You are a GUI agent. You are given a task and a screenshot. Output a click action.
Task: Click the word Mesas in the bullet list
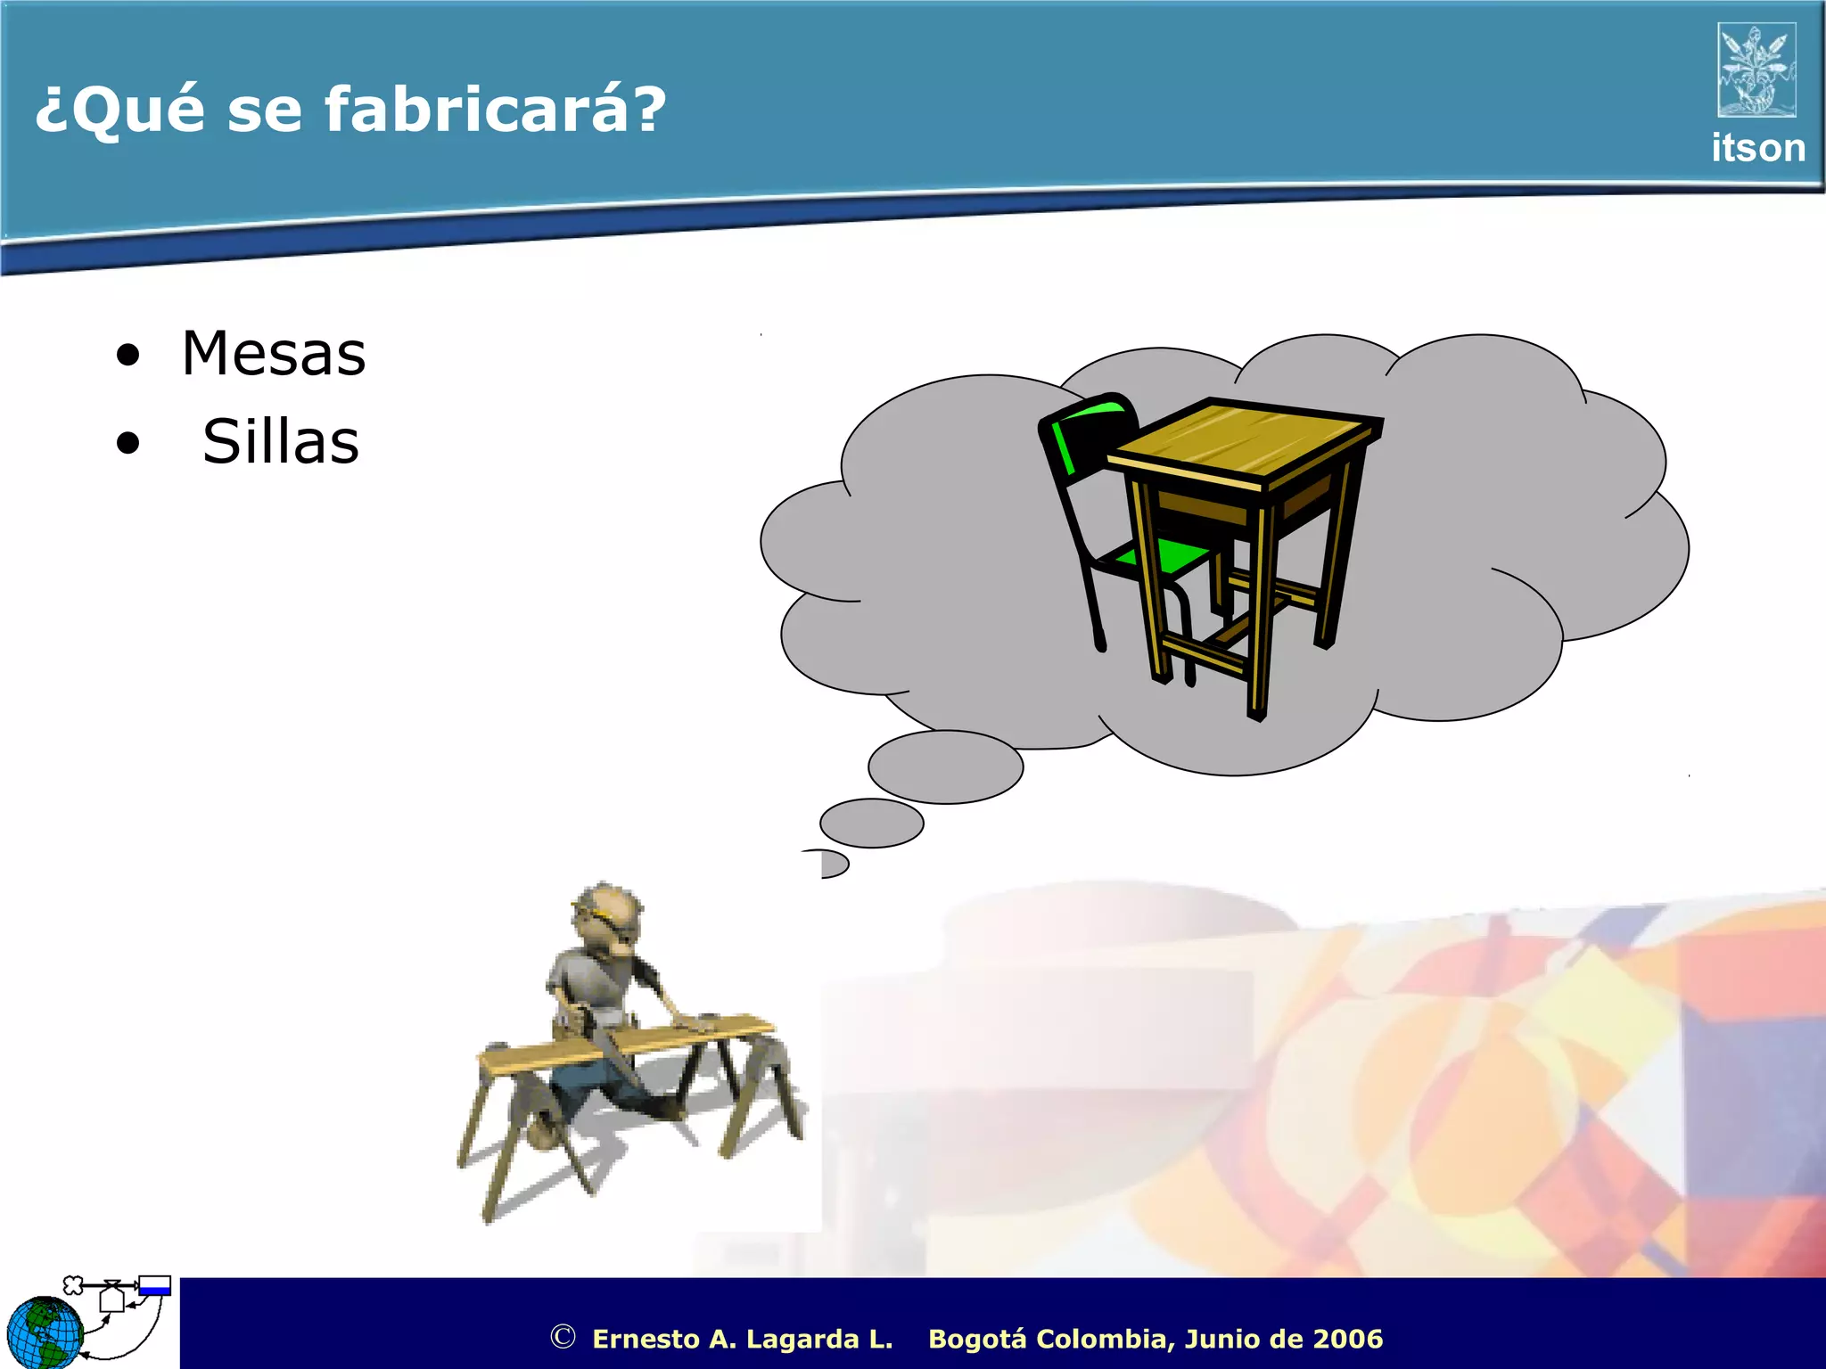click(274, 354)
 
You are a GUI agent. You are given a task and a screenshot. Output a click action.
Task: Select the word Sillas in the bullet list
click(281, 442)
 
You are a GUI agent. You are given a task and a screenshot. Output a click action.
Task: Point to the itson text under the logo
click(1757, 148)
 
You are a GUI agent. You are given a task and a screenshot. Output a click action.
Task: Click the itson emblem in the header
click(1756, 70)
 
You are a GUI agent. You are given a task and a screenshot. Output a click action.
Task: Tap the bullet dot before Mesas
click(128, 356)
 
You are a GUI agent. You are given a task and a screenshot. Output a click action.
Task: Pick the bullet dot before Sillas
click(128, 443)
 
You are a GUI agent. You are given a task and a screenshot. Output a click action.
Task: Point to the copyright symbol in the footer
click(562, 1337)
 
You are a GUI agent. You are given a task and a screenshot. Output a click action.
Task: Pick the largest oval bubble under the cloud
click(945, 766)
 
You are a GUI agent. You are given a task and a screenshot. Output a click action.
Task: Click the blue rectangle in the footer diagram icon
click(154, 1286)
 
